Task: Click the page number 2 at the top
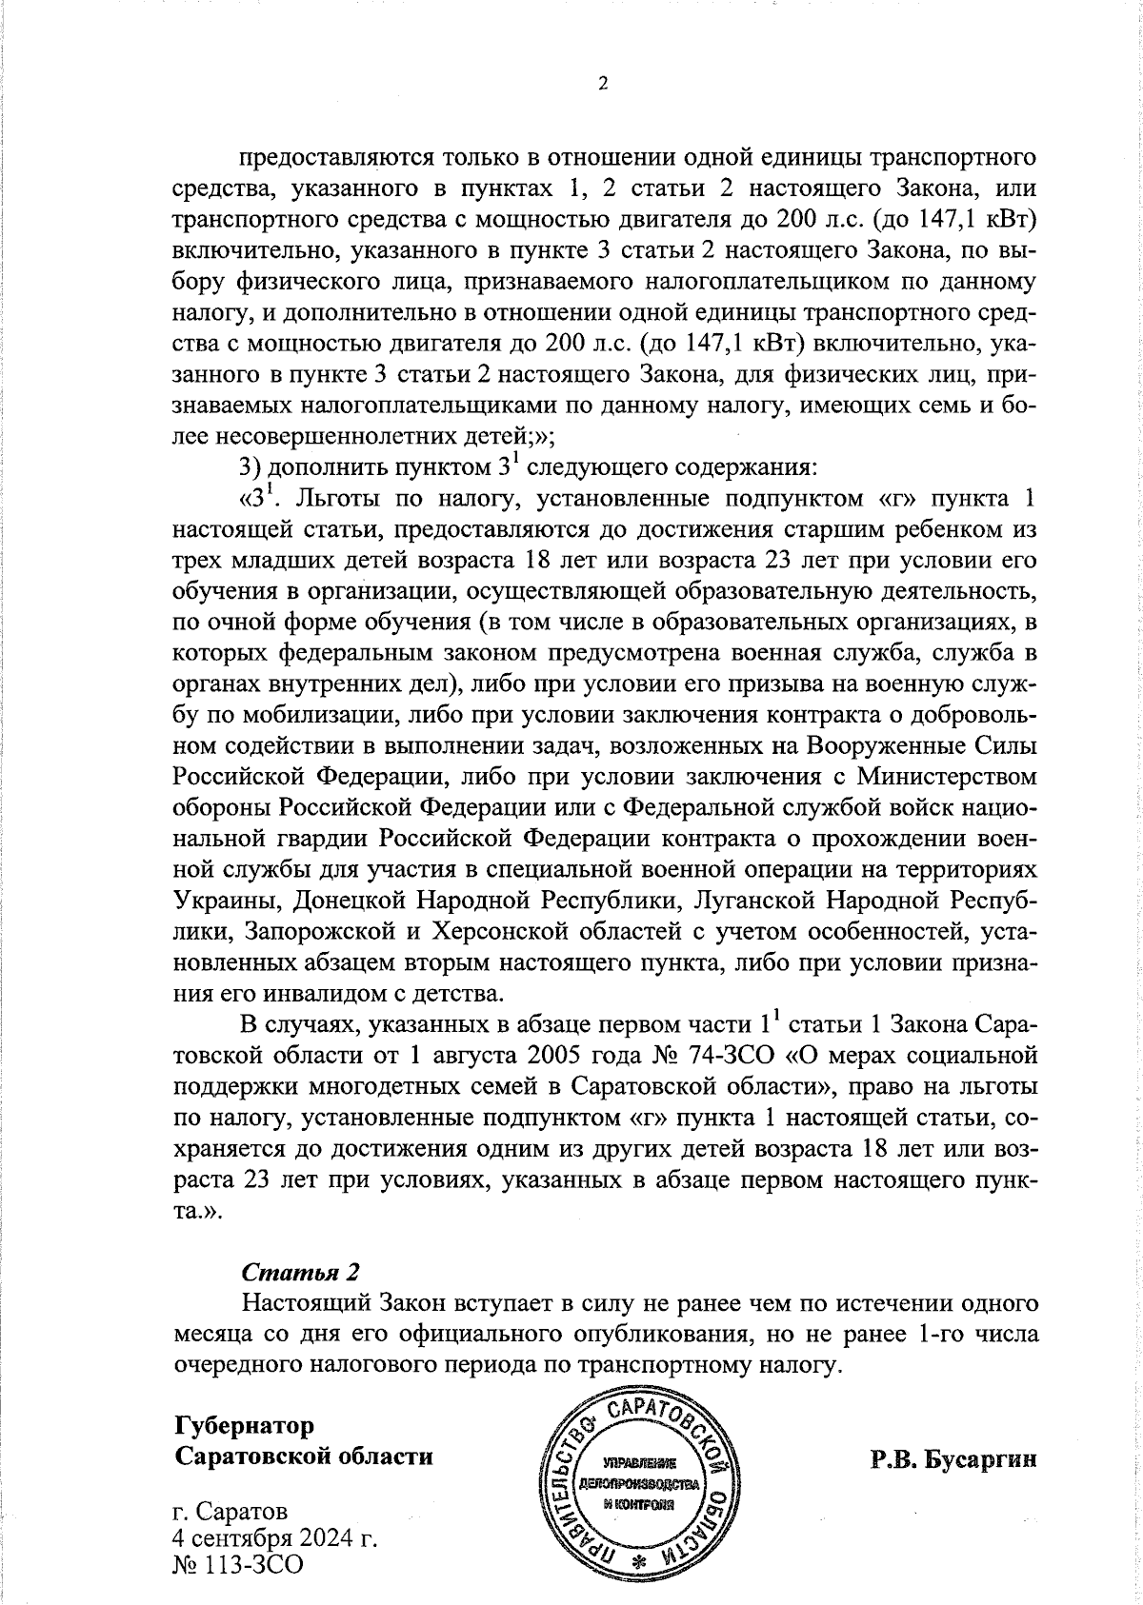click(x=602, y=84)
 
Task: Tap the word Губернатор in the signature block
click(x=244, y=1426)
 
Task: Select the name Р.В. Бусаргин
click(x=952, y=1459)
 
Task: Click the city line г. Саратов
click(x=230, y=1512)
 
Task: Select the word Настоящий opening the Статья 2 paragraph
click(x=304, y=1302)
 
